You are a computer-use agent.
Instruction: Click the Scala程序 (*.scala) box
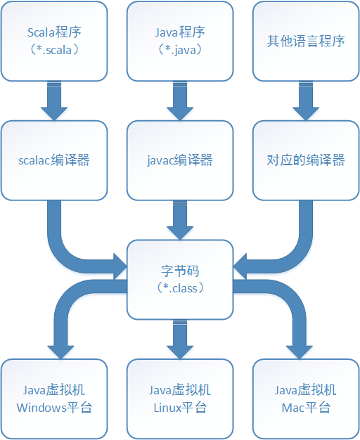point(54,41)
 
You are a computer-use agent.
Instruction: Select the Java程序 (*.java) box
point(180,41)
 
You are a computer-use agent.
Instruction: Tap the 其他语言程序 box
point(306,41)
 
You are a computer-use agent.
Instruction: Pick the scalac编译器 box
point(54,160)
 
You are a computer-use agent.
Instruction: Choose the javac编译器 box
point(180,160)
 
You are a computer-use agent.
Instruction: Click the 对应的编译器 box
point(306,160)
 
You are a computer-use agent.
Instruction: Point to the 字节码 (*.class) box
point(180,280)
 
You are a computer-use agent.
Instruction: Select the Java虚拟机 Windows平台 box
point(54,399)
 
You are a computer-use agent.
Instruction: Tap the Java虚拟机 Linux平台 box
point(180,399)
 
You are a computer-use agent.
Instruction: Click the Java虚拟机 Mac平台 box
point(306,399)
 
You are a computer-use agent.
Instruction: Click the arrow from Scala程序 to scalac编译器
point(54,101)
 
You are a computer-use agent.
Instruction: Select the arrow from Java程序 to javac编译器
point(180,101)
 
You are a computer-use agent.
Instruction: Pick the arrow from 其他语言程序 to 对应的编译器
point(306,101)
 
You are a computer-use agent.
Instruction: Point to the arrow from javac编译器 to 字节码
point(180,220)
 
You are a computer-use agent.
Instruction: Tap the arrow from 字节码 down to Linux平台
point(180,339)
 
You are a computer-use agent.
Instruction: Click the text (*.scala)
point(54,50)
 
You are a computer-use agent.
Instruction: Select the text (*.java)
point(180,50)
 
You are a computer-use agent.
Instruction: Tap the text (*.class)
point(180,288)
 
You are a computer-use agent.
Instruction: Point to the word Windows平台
point(54,408)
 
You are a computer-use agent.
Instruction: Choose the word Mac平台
point(306,408)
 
